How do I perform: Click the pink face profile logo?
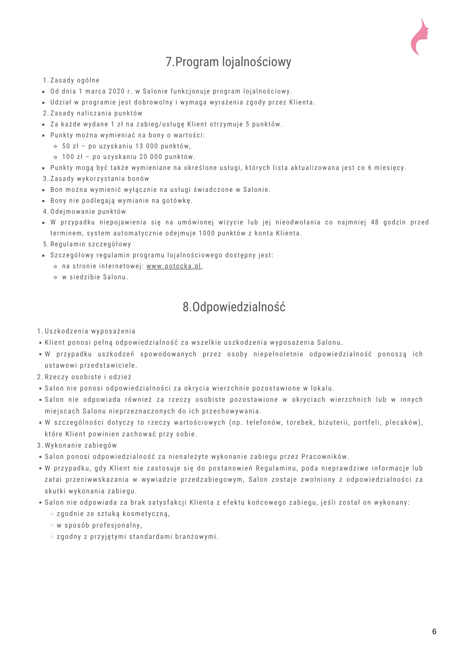click(x=420, y=36)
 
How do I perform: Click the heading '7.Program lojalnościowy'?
click(x=228, y=62)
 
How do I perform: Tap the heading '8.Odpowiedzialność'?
click(x=234, y=307)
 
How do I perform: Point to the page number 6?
click(x=434, y=631)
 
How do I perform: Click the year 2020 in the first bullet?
click(x=117, y=91)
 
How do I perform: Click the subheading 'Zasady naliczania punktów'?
click(x=96, y=113)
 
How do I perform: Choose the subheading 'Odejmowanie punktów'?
click(x=88, y=212)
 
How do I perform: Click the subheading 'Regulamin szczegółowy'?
click(x=91, y=244)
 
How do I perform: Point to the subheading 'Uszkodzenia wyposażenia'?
click(x=90, y=331)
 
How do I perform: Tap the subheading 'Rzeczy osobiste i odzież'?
click(x=88, y=377)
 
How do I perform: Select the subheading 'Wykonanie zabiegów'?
click(x=81, y=445)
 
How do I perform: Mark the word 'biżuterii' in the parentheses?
click(x=334, y=422)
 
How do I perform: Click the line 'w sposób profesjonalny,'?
click(x=99, y=525)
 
